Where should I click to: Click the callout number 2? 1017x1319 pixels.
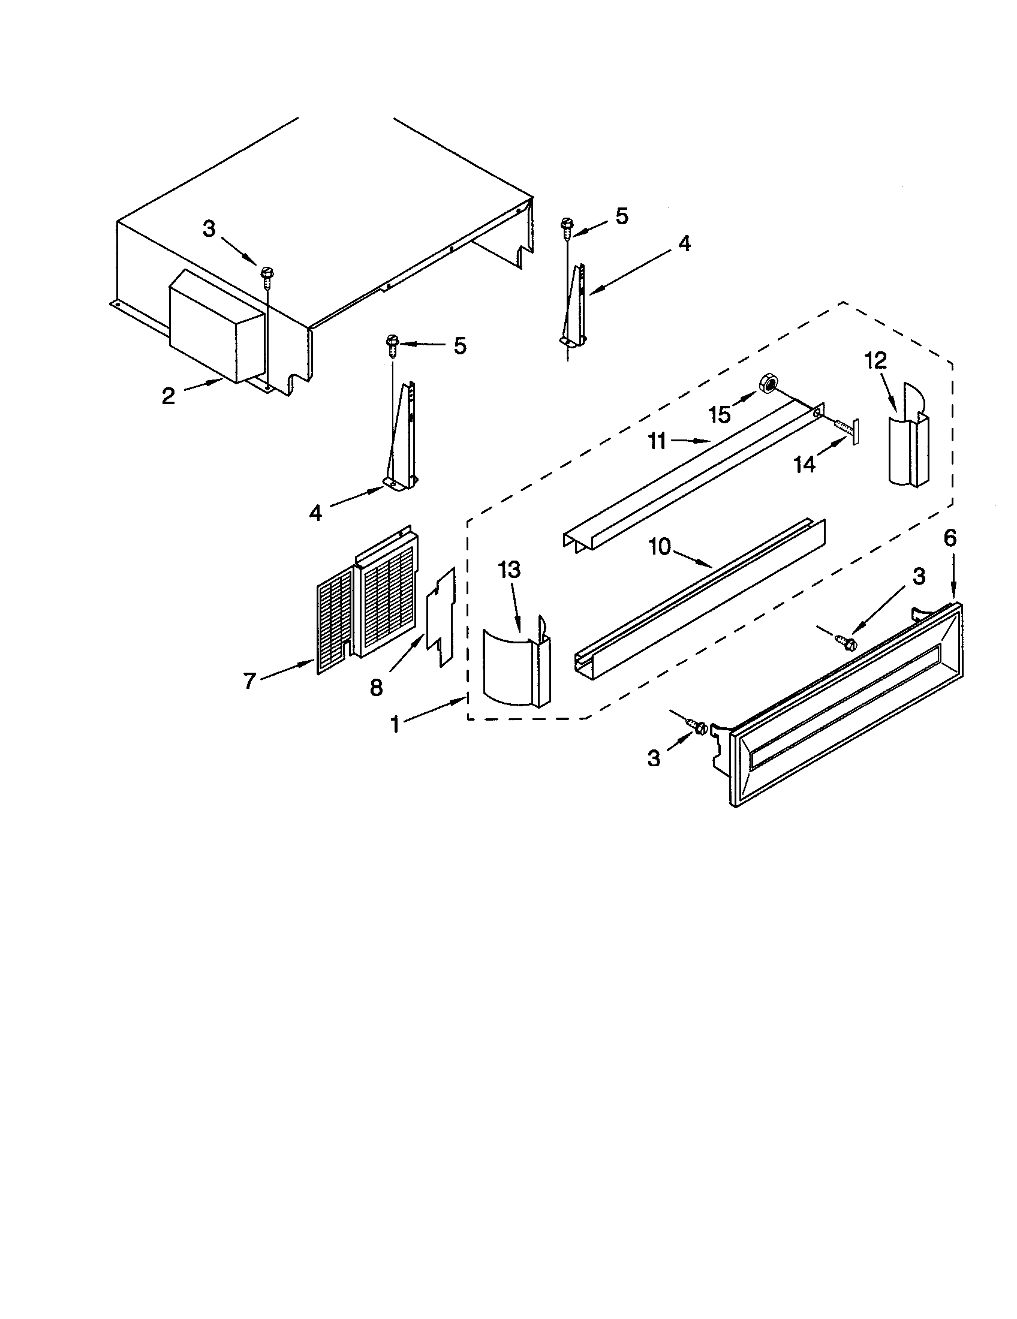pos(168,396)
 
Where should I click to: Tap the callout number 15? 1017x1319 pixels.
pos(720,415)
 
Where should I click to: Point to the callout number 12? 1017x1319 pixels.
pos(875,360)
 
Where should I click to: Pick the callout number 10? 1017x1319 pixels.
pos(660,547)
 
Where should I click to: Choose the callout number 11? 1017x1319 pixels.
pos(657,441)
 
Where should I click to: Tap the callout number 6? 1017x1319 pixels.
pos(950,538)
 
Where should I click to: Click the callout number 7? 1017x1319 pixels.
pos(250,681)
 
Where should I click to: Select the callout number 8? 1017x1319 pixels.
pos(376,686)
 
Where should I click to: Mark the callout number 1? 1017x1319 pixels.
pos(395,724)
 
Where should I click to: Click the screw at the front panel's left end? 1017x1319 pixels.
pos(700,728)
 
